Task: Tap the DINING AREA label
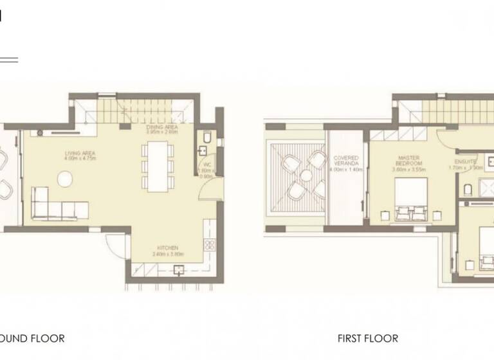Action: [x=161, y=128]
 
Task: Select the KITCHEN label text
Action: [x=167, y=248]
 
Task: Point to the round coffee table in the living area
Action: [x=66, y=179]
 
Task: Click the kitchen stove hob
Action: [x=208, y=244]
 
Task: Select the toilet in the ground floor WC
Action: [x=205, y=138]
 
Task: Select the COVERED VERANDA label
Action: [x=346, y=161]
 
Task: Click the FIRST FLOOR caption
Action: [x=368, y=338]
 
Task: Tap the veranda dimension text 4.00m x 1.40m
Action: [x=346, y=170]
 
